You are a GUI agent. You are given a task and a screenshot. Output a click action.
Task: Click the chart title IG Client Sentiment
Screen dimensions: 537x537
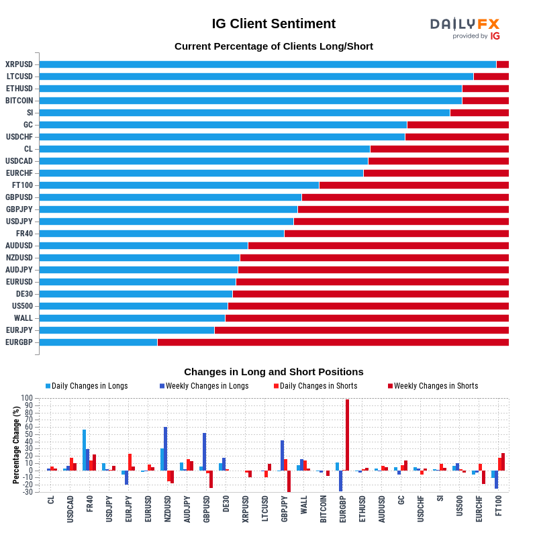click(273, 24)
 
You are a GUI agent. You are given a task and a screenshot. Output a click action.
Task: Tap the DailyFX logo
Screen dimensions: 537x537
click(465, 28)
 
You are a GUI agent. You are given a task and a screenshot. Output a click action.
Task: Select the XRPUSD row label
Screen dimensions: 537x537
click(19, 64)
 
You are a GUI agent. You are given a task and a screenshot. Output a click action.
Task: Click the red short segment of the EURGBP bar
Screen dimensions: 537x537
click(332, 342)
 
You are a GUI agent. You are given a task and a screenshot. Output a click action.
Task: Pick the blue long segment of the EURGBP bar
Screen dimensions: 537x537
click(98, 342)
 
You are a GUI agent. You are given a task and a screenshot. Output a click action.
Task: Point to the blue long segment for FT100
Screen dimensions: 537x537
click(179, 185)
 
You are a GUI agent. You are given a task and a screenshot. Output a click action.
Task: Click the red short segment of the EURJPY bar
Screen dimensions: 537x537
click(361, 330)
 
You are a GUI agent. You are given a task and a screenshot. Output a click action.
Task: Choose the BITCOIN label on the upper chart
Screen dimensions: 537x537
click(19, 101)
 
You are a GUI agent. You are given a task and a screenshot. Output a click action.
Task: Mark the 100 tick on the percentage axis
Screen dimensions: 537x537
click(27, 398)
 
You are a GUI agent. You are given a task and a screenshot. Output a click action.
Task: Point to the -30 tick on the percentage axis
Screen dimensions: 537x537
click(27, 492)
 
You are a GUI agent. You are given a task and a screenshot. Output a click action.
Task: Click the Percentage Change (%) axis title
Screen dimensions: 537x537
click(16, 444)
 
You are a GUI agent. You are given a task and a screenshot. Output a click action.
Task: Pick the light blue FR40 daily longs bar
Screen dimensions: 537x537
click(84, 450)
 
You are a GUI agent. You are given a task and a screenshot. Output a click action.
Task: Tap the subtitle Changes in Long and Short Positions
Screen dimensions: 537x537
click(273, 372)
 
